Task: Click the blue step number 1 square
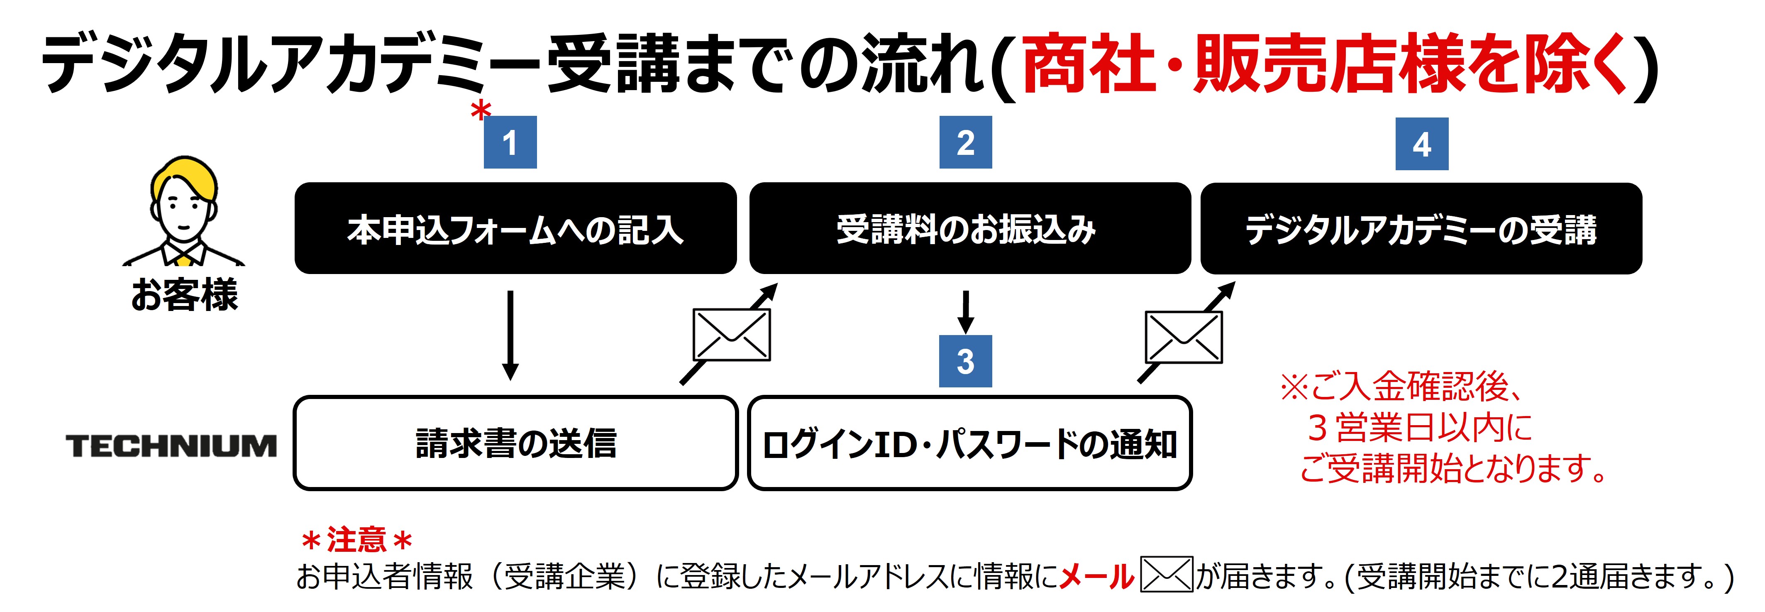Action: coord(510,142)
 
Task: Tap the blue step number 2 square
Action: coord(965,142)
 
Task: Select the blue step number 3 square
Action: coord(965,361)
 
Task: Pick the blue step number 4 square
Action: coord(1422,144)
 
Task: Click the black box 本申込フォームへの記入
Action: coord(515,228)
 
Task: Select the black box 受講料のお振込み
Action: coord(969,228)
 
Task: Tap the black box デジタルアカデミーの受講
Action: coord(1421,228)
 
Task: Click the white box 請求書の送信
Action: coord(515,443)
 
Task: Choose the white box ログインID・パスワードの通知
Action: coord(969,443)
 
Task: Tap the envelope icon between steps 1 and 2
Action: coord(732,335)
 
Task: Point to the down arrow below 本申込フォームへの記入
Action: coord(510,335)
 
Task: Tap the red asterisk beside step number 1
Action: coord(481,110)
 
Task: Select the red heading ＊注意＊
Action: coord(356,539)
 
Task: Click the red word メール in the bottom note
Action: coord(1096,576)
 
